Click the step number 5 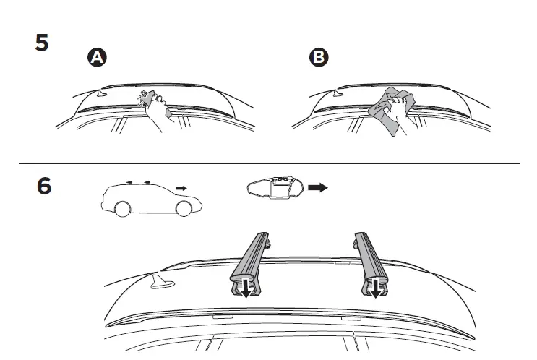click(43, 43)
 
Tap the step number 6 click(44, 186)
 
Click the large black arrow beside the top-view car click(317, 188)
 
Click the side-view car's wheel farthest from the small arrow click(123, 210)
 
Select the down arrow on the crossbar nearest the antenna click(246, 290)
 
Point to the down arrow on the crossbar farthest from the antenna click(377, 290)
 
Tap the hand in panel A click(158, 112)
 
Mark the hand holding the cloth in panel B click(397, 112)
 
